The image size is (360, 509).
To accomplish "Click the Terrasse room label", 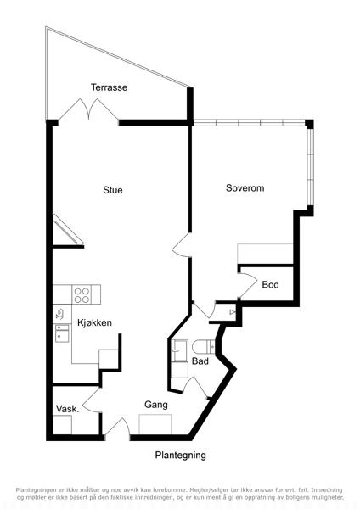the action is [x=109, y=87].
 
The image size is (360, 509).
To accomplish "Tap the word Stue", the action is [x=113, y=190].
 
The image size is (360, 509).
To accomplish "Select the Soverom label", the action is [x=245, y=188].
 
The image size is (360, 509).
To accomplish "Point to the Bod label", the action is [x=270, y=285].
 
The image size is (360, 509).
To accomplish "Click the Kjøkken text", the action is [x=94, y=322].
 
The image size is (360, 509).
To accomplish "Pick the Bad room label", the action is [x=200, y=361].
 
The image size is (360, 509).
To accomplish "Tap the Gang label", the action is [x=156, y=405].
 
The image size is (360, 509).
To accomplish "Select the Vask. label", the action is [x=68, y=409].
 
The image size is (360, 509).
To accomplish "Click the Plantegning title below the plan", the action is [x=180, y=456].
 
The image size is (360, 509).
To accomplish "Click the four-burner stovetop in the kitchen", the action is [x=82, y=294].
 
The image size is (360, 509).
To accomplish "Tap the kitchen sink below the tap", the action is [x=62, y=333].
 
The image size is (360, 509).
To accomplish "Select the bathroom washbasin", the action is [x=180, y=350].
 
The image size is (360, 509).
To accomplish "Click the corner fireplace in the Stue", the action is [x=66, y=230].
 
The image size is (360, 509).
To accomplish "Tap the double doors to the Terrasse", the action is [x=88, y=109].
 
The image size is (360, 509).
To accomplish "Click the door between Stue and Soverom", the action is [x=182, y=245].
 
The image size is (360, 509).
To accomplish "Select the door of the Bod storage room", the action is [x=248, y=285].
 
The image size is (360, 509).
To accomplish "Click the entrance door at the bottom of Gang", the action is [x=117, y=427].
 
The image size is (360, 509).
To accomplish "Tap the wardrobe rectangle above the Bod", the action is [x=265, y=254].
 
